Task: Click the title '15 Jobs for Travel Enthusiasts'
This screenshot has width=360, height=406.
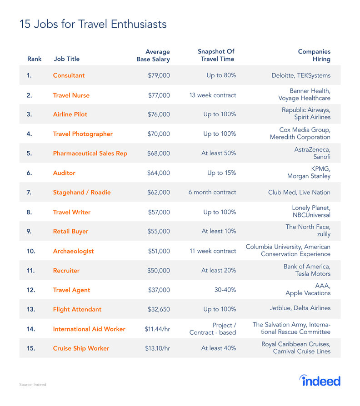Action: pos(93,24)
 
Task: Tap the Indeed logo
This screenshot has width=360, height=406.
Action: pos(320,380)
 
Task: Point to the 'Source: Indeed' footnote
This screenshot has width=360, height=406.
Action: pos(32,385)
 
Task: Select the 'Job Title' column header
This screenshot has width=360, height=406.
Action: pos(66,59)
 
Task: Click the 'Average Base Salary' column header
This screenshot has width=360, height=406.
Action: pos(153,55)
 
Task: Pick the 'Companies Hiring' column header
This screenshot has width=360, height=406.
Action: pos(314,55)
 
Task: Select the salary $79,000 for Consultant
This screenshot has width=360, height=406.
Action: pos(159,75)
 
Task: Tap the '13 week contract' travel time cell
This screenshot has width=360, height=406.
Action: pos(213,95)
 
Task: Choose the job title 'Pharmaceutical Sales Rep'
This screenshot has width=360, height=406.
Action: pos(90,153)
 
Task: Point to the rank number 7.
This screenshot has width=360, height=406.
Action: pos(29,193)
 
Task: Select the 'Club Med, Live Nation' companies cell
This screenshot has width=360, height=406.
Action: pos(299,193)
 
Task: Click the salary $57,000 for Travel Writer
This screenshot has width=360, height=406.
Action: pos(159,212)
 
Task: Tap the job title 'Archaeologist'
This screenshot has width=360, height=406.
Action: pos(73,251)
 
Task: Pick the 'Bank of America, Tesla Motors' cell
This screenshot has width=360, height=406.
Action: pos(307,270)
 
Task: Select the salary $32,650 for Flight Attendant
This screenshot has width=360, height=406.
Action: pos(159,309)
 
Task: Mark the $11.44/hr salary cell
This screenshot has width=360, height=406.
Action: pos(155,329)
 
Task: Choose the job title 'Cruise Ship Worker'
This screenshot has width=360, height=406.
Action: pos(81,348)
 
